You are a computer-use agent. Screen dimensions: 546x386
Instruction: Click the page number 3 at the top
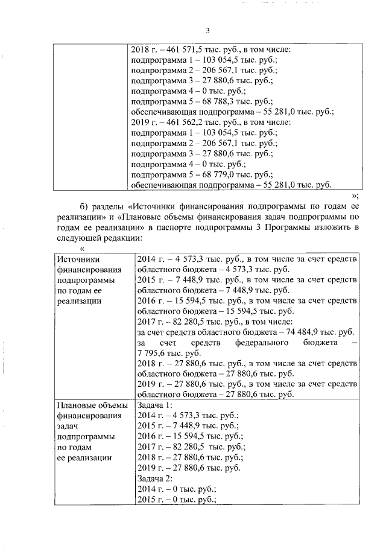tap(207, 31)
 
